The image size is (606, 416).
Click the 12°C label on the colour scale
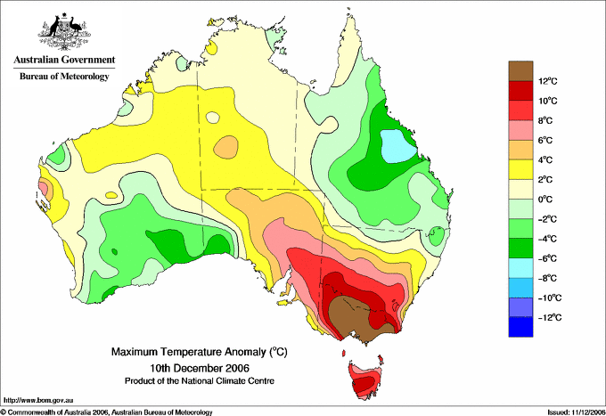click(x=548, y=81)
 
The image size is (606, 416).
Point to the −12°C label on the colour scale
click(x=547, y=317)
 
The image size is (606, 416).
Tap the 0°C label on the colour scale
click(x=545, y=200)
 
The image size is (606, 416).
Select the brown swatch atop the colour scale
click(x=520, y=70)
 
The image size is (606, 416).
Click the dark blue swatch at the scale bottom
click(x=520, y=327)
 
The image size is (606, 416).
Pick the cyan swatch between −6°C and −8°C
click(x=520, y=268)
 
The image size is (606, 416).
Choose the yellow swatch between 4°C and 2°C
click(x=520, y=169)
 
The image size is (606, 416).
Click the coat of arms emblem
click(x=64, y=31)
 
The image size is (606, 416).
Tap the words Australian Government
click(x=64, y=60)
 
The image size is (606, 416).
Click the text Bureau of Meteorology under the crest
click(x=64, y=76)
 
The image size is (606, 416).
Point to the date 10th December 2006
click(x=200, y=367)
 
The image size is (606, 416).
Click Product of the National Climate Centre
click(x=200, y=381)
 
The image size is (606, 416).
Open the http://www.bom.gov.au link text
click(x=37, y=400)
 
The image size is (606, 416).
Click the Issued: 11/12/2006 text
click(x=576, y=412)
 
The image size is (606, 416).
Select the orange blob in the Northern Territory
click(x=226, y=147)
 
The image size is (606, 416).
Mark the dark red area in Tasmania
click(x=364, y=383)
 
